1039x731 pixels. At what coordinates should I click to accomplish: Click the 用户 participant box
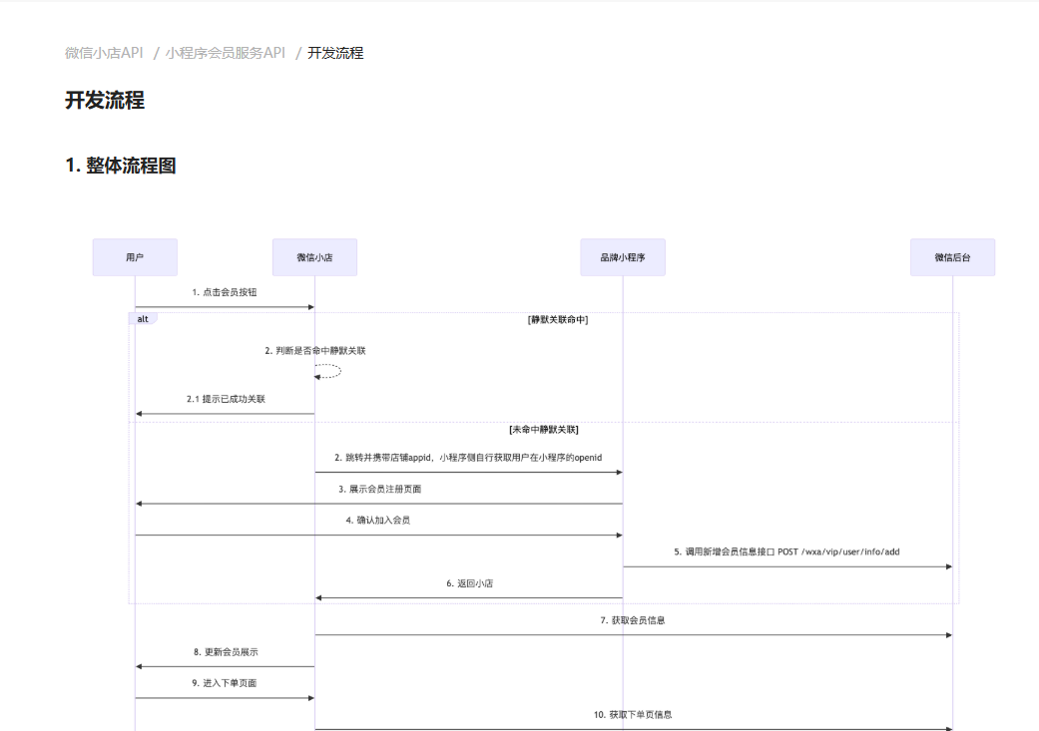[x=135, y=257]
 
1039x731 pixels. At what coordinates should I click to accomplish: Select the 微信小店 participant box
[x=314, y=257]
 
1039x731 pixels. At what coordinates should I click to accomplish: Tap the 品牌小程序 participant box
[x=623, y=257]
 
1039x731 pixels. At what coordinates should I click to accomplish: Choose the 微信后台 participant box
[x=952, y=257]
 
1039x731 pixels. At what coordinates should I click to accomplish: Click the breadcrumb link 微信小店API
[x=104, y=53]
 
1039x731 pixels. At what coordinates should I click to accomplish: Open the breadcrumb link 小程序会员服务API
[x=226, y=53]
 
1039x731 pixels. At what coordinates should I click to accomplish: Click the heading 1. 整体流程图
[x=121, y=166]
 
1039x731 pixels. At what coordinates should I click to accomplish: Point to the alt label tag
[x=143, y=319]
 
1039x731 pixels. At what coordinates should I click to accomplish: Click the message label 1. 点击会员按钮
[x=225, y=293]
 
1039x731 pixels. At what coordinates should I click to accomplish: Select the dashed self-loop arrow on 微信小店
[x=328, y=371]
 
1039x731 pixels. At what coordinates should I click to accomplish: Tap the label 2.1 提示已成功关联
[x=226, y=399]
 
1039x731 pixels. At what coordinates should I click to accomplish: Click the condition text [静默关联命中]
[x=558, y=320]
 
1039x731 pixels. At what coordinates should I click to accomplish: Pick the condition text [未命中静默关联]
[x=544, y=430]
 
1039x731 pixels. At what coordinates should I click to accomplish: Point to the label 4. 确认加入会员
[x=378, y=521]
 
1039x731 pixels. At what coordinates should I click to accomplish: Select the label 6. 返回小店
[x=469, y=583]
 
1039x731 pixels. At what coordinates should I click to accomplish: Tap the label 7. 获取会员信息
[x=633, y=620]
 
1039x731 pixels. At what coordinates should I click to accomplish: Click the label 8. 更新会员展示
[x=226, y=652]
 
